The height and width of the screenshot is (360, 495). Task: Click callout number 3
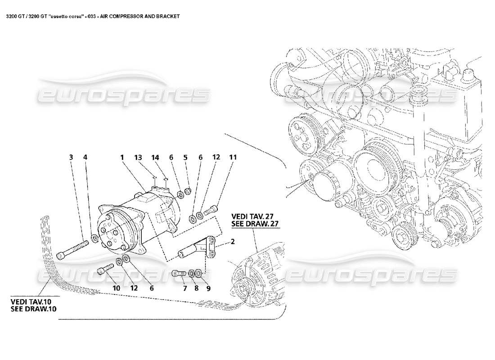pos(71,157)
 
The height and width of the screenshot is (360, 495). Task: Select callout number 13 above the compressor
pos(138,157)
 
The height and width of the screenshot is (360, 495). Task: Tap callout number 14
pos(155,157)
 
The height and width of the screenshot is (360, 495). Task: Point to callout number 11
pos(233,157)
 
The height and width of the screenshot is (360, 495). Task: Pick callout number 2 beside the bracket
pos(233,242)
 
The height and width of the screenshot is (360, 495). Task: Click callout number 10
pos(116,288)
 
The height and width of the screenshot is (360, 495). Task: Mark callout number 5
pos(185,157)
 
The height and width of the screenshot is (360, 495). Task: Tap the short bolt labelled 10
pos(104,271)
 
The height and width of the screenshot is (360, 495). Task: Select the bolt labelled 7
pos(179,273)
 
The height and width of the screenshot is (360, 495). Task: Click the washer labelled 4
pos(95,238)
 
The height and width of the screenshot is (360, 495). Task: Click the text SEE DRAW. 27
pos(255,224)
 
